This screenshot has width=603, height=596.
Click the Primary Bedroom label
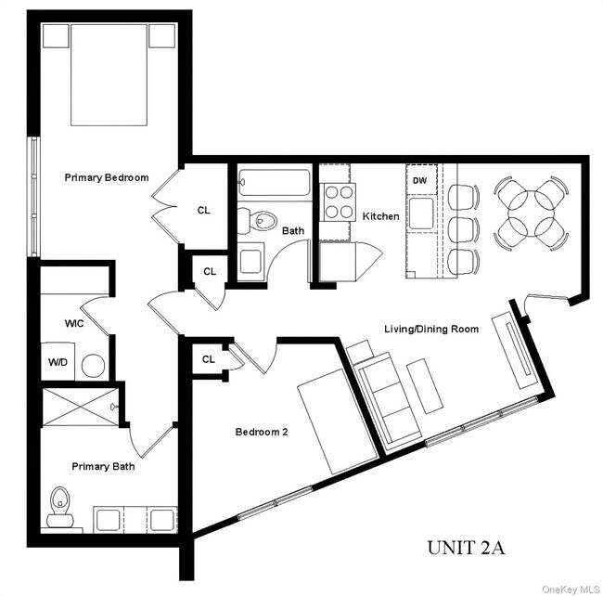[x=107, y=177]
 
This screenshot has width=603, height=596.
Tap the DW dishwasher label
[x=420, y=180]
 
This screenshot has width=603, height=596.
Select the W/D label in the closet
[x=57, y=363]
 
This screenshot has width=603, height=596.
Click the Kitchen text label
[x=380, y=216]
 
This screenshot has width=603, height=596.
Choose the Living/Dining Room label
[x=432, y=328]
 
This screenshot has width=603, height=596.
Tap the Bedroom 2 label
[x=262, y=432]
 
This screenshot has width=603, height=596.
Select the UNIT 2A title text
[x=466, y=548]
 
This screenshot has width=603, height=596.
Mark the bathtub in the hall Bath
[x=275, y=183]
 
